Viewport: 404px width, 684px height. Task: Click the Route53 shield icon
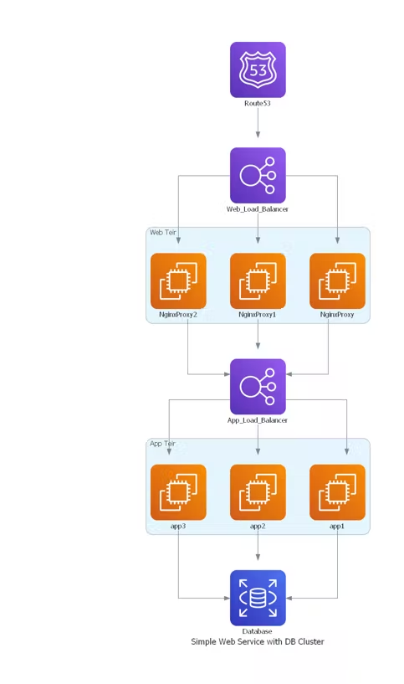coord(258,69)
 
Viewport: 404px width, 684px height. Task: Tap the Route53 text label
coord(258,103)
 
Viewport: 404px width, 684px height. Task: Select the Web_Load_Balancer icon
coord(258,175)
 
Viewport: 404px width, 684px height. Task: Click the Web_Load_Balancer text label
coord(258,209)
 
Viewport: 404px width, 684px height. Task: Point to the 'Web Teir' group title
coord(163,232)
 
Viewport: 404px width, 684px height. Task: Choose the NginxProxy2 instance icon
coord(178,281)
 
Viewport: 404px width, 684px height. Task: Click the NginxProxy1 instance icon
coord(258,281)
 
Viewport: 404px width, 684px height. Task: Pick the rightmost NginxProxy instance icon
coord(337,281)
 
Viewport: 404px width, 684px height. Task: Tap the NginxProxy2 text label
coord(178,315)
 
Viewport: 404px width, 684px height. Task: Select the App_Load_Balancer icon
coord(258,387)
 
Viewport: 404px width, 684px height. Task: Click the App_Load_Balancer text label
coord(258,420)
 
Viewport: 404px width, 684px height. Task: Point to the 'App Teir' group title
coord(162,443)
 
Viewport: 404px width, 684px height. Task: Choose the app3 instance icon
coord(178,492)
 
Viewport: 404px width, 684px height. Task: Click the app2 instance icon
coord(258,492)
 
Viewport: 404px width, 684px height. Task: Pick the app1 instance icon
coord(337,492)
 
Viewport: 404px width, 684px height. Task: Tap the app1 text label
coord(337,526)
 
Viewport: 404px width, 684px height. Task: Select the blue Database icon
coord(258,598)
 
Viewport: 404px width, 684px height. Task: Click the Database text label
coord(258,631)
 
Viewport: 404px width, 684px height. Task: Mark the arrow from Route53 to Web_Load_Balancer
coord(258,122)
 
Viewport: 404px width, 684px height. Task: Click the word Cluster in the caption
coord(310,641)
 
